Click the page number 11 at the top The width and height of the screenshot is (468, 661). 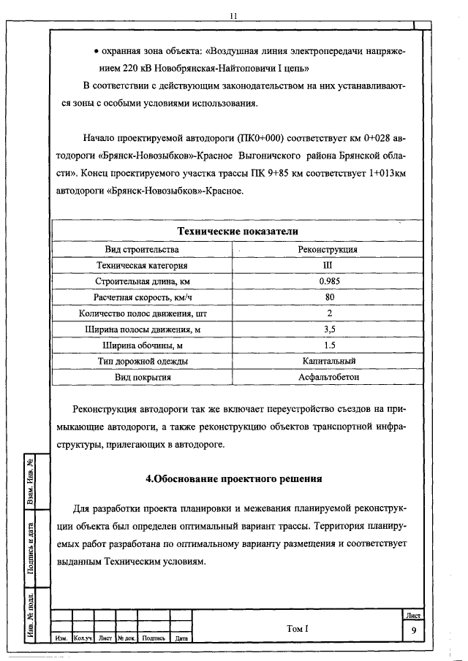point(233,15)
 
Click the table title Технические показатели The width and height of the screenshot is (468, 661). point(238,232)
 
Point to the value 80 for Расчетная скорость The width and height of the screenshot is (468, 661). point(329,297)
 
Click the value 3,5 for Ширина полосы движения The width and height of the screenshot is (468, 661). point(329,329)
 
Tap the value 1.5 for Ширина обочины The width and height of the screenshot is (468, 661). point(329,345)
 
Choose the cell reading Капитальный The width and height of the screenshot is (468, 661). point(329,361)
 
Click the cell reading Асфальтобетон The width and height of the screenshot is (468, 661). point(329,377)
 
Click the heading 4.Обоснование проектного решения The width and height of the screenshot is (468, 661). point(234,480)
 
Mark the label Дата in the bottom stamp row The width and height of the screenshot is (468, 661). point(182,638)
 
